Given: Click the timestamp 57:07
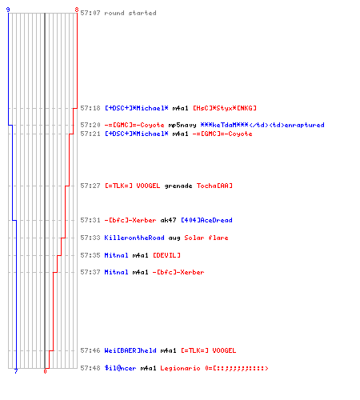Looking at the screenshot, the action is (90, 13).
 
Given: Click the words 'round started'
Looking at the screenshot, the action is (130, 13).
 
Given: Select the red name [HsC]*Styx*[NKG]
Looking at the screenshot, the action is (225, 108).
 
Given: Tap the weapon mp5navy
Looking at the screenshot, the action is (182, 125).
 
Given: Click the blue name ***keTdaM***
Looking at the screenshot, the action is (224, 125).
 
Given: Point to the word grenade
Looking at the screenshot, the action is (178, 186).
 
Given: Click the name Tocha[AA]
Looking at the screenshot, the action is (214, 186).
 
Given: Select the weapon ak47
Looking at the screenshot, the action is (168, 220).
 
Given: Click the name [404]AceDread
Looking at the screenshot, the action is (206, 220).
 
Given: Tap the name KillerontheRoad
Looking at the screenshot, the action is (134, 238).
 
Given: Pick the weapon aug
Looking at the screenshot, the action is (174, 238).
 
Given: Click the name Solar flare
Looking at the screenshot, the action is (206, 238).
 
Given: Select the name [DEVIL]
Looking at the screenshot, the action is (166, 255).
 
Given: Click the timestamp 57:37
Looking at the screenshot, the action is (90, 272).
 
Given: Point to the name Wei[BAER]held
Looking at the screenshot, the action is (130, 350).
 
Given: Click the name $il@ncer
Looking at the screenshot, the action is (120, 368).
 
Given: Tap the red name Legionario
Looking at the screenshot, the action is (180, 368).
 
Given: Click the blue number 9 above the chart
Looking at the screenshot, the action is (8, 10).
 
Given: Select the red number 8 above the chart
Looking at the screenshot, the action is (77, 10).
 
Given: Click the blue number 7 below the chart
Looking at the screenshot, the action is (16, 371).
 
